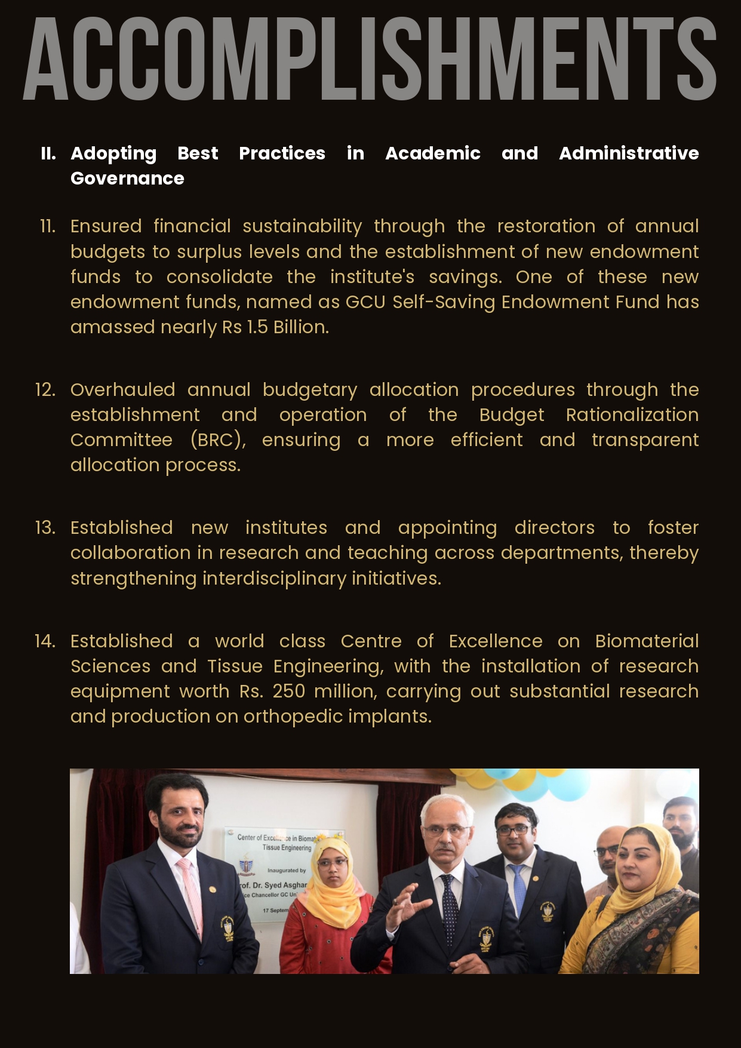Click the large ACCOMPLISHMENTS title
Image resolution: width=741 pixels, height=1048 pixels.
(x=370, y=60)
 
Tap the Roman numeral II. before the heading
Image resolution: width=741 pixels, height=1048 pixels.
(x=48, y=153)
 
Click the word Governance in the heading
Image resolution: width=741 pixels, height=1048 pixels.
(x=127, y=179)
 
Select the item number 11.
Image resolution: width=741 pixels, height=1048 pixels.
(x=48, y=226)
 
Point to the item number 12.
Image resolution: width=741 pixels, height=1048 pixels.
(x=45, y=390)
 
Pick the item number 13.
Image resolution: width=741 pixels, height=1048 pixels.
(x=45, y=528)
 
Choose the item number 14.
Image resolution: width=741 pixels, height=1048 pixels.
(x=45, y=641)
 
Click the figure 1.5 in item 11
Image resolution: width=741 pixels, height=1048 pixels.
(x=257, y=327)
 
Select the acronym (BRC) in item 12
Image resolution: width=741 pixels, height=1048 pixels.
(x=218, y=440)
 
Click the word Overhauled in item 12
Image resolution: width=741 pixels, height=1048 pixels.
(x=122, y=390)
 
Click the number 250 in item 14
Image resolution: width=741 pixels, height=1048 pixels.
(x=288, y=692)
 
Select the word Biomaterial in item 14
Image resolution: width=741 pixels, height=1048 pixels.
(x=647, y=641)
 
